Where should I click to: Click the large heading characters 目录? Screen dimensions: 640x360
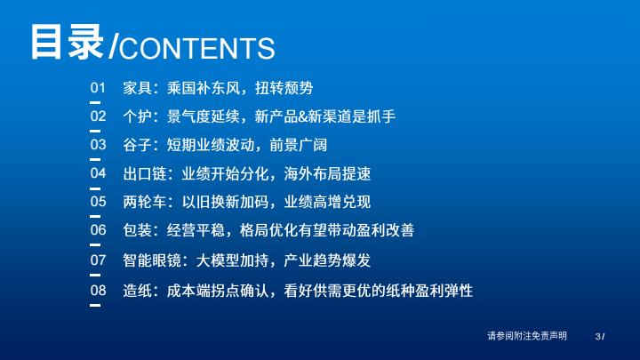68,42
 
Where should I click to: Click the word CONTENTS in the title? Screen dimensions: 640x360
196,48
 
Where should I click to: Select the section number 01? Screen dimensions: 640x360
98,88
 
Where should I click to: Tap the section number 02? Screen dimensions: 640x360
98,116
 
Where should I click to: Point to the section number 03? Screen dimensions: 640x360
98,145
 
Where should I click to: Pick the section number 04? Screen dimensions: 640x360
98,173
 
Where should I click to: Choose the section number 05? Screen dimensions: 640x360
98,201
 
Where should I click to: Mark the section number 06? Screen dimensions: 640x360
98,230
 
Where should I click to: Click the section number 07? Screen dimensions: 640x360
98,260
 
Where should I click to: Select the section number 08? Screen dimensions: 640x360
98,290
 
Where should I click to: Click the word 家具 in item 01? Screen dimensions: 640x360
138,88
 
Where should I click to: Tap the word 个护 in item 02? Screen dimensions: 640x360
138,116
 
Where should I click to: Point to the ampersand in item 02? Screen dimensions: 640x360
302,116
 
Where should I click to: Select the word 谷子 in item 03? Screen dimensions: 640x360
138,145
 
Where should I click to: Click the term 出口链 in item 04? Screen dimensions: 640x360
145,173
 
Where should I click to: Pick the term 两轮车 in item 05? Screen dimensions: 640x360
145,202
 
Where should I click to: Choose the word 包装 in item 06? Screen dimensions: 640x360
138,230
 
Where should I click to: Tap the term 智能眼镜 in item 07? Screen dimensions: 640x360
152,260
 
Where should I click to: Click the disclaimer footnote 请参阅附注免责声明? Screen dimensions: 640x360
527,336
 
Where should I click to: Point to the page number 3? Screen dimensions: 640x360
598,337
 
